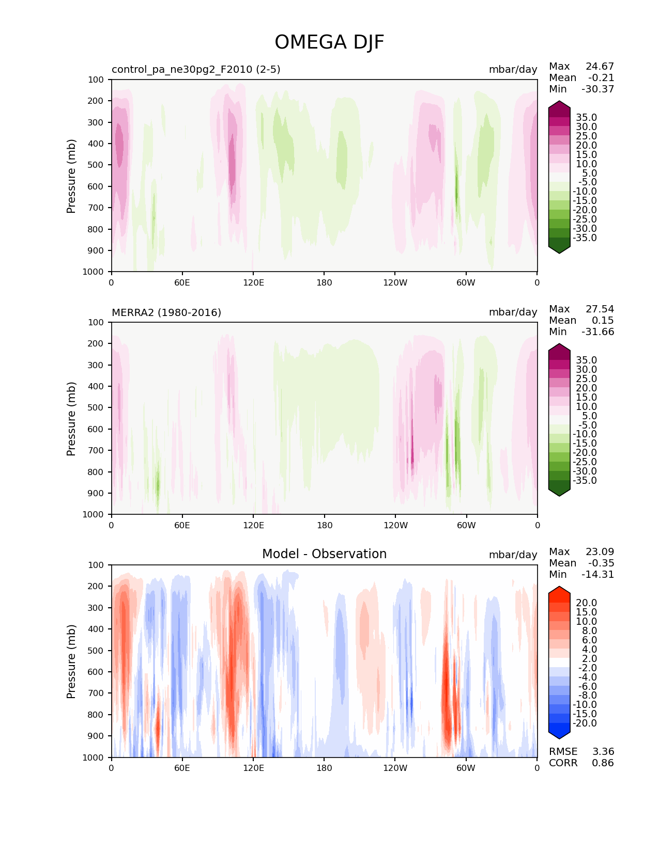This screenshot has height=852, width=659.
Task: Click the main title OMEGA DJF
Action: coord(329,42)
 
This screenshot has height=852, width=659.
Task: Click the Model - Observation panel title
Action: coord(324,554)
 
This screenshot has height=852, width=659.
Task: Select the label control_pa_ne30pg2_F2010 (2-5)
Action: coord(196,70)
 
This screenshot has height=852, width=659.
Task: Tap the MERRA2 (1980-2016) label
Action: coord(166,312)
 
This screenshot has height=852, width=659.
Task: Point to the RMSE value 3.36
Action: coord(603,751)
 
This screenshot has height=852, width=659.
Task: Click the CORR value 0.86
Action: coord(603,763)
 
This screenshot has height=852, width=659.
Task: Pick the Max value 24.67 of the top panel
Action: coord(600,66)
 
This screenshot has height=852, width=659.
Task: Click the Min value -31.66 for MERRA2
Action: coord(598,332)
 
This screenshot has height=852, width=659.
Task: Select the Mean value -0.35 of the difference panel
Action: coord(601,563)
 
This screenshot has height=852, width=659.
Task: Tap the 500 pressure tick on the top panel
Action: coord(96,165)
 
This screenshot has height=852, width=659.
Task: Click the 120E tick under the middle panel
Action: coord(253,525)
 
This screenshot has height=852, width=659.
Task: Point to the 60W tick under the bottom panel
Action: coord(466,768)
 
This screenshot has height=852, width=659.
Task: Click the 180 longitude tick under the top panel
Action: coord(324,282)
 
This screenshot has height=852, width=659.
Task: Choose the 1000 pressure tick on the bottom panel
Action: coord(93,758)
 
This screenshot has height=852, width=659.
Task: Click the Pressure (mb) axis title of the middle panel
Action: coord(71,418)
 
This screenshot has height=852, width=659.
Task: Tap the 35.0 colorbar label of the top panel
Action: coord(586,117)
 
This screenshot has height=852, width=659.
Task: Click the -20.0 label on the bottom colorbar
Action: coord(585,723)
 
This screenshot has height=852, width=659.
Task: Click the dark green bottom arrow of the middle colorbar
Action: coord(559,492)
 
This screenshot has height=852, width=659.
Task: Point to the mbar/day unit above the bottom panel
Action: coord(513,555)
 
